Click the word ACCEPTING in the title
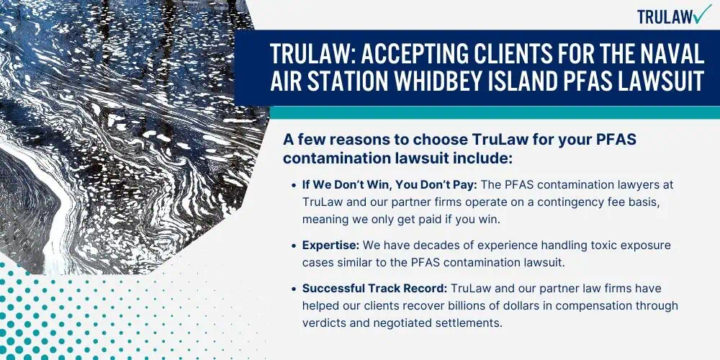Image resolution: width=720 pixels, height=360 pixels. [418, 55]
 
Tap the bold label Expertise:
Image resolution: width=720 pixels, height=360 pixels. [330, 246]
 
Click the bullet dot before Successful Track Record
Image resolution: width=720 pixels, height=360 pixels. [294, 289]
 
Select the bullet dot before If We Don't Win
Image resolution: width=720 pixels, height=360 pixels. [294, 186]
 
